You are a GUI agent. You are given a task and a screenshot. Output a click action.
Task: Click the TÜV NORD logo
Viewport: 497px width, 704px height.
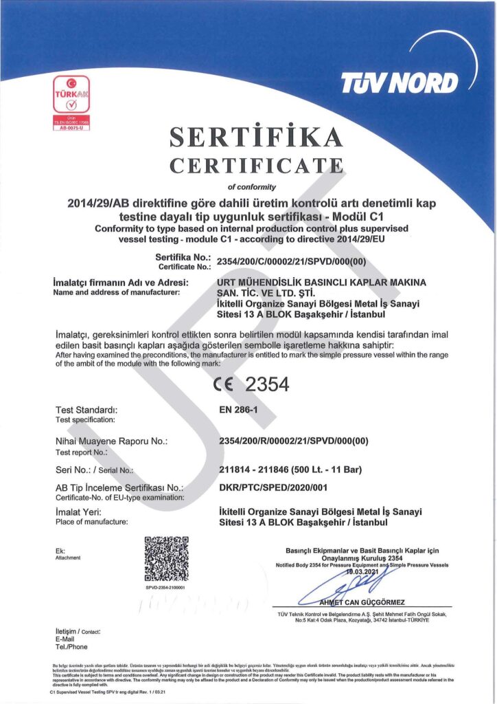(x=400, y=84)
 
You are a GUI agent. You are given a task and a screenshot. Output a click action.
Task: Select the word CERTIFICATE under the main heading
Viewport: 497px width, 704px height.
(x=255, y=166)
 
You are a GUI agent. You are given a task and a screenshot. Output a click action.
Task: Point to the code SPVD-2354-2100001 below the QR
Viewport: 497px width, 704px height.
(x=166, y=588)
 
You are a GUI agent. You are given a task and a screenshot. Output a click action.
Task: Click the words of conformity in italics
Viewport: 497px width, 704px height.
(x=251, y=186)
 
